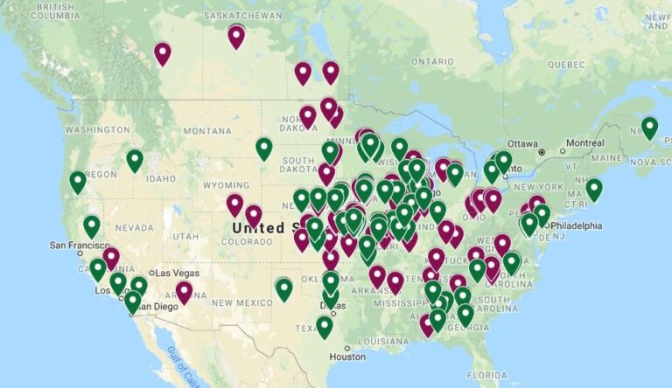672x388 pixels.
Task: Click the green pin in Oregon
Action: pyautogui.click(x=78, y=182)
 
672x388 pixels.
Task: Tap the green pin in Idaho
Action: pyautogui.click(x=135, y=160)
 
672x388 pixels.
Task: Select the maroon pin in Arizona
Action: pyautogui.click(x=184, y=292)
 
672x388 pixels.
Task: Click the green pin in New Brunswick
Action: pyautogui.click(x=649, y=128)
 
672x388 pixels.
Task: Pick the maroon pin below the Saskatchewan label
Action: pyautogui.click(x=236, y=36)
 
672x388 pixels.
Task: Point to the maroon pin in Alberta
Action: pyautogui.click(x=163, y=53)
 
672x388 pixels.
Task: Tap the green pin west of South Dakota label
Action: pyautogui.click(x=264, y=149)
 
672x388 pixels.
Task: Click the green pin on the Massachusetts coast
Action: pyautogui.click(x=594, y=189)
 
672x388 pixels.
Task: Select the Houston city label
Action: pyautogui.click(x=346, y=357)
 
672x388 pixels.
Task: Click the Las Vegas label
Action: pyautogui.click(x=178, y=273)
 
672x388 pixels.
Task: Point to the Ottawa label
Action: pyautogui.click(x=522, y=143)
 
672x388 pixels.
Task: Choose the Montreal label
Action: pyautogui.click(x=584, y=143)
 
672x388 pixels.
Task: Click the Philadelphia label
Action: pyautogui.click(x=576, y=225)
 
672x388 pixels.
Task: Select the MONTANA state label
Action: pyautogui.click(x=206, y=130)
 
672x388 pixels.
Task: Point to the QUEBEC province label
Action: pyautogui.click(x=567, y=65)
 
